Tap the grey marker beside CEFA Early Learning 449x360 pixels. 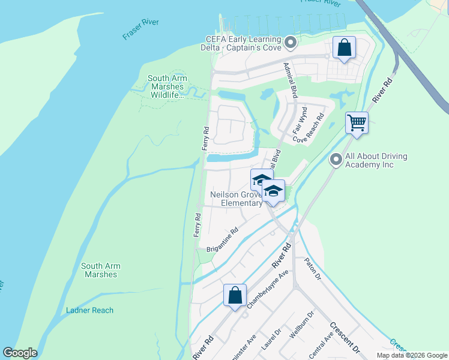291,43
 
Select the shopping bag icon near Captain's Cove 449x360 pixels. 344,48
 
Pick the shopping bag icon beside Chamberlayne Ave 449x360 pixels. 235,296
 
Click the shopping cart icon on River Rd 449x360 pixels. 357,123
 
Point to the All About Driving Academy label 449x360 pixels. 376,160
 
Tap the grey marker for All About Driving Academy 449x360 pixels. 336,160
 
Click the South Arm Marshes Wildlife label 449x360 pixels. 167,86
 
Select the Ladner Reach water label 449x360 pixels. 89,310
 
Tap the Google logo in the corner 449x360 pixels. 20,353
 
